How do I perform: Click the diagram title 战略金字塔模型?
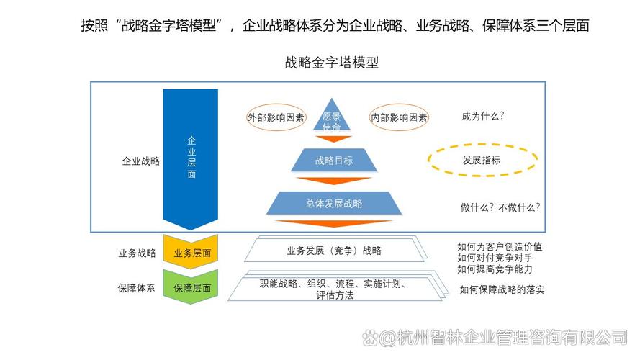coord(332,63)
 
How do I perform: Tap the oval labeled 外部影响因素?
coord(276,117)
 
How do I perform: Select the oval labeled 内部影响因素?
coord(399,117)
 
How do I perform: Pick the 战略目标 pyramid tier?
coord(334,161)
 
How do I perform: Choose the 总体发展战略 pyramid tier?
coord(333,203)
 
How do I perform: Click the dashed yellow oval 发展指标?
coord(481,160)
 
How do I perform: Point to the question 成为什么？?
coord(482,115)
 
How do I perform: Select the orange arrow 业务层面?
coord(191,253)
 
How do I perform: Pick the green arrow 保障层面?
coord(191,287)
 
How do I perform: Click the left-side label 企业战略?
coord(140,161)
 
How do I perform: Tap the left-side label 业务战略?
coord(137,253)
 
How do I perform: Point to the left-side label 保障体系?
coord(137,287)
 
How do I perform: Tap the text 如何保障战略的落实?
coord(502,290)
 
